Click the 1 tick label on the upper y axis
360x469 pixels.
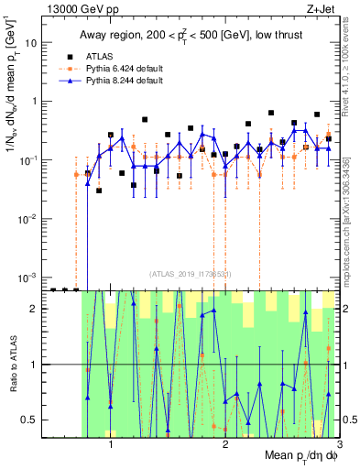[35, 102]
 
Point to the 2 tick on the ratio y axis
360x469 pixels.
[35, 309]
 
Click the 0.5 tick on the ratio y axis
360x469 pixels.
[31, 420]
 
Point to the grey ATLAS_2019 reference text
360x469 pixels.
[191, 274]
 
